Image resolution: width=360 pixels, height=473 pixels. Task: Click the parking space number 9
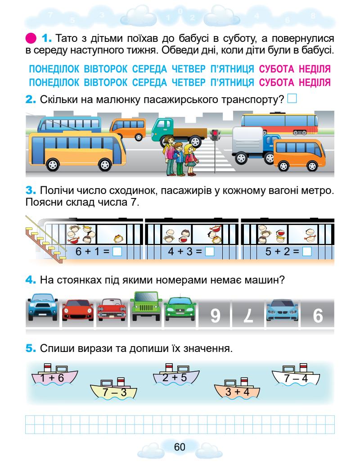[x=215, y=316]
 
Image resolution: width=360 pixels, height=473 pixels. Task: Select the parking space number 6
[x=317, y=316]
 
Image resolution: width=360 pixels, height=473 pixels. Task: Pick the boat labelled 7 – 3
[x=113, y=391]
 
